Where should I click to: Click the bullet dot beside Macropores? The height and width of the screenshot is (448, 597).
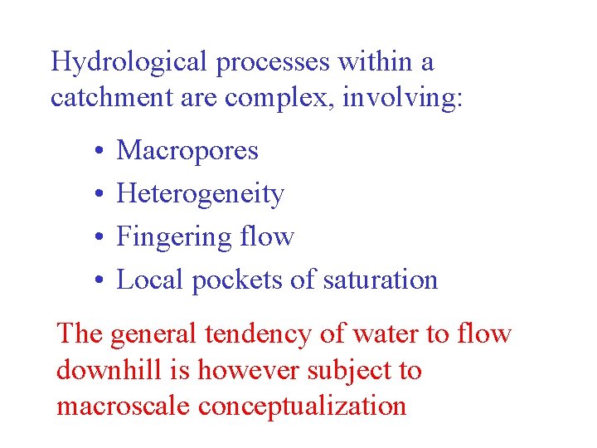point(98,152)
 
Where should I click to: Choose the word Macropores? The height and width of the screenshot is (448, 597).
point(187,151)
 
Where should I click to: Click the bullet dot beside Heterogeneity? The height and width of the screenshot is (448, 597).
point(98,195)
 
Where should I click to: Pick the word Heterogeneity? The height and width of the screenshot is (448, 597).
point(201,194)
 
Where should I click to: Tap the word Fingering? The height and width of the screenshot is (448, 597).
point(173,237)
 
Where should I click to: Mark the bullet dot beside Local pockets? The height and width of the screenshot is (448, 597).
point(98,281)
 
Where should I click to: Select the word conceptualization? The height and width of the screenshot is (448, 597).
point(309,406)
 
